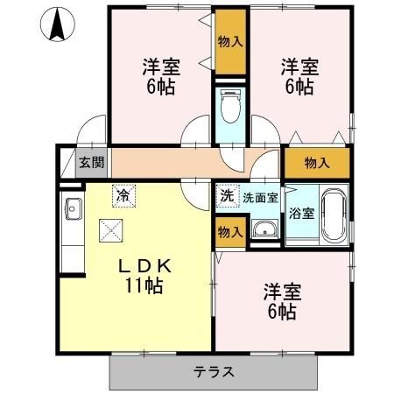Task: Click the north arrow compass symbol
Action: click(58, 25)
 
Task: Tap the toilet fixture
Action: click(230, 106)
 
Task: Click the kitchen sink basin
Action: click(74, 208)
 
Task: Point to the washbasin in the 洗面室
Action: click(264, 229)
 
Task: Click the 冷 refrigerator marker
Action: click(123, 196)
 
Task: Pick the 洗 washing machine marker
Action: click(228, 196)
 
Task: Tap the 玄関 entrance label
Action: click(92, 162)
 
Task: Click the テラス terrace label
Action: click(214, 372)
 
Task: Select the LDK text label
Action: click(144, 266)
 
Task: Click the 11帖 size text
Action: click(144, 285)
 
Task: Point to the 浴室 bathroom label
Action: click(302, 214)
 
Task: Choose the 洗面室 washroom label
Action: click(260, 198)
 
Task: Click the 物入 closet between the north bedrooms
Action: click(230, 42)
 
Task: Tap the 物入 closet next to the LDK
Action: click(230, 232)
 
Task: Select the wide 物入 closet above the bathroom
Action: click(317, 163)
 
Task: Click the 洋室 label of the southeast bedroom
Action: click(283, 292)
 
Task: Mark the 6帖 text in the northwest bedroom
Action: click(161, 87)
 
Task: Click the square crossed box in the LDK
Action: click(110, 230)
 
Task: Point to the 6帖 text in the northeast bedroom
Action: click(299, 87)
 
